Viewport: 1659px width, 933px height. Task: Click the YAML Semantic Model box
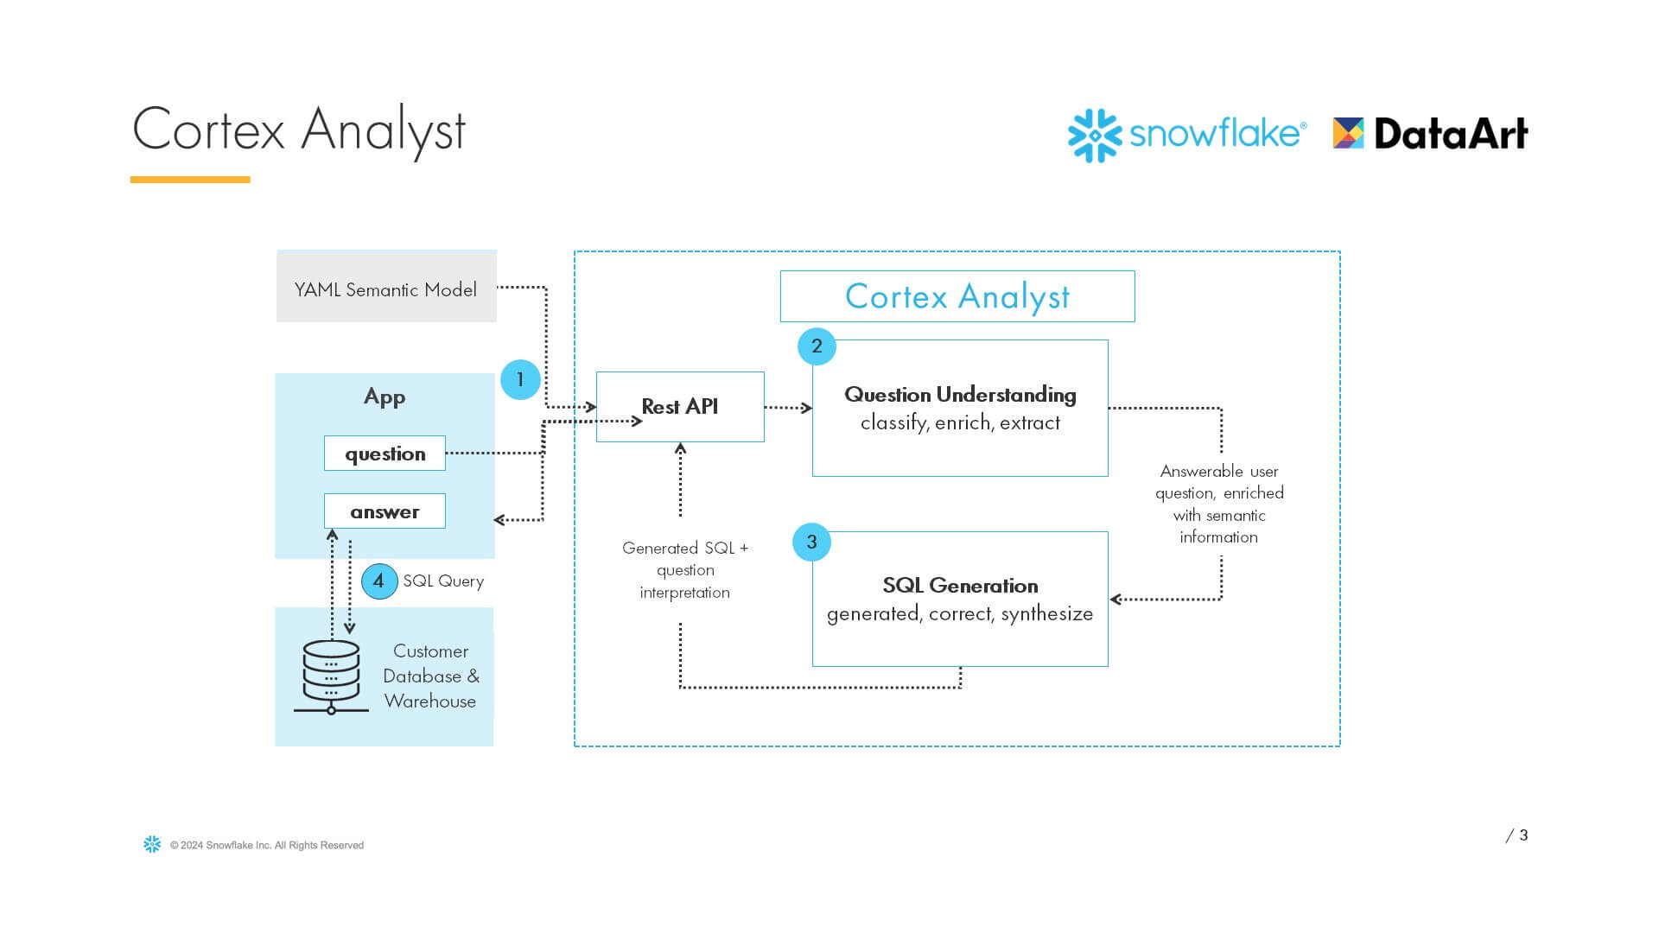coord(386,287)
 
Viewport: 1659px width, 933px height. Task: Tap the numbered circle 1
coord(520,380)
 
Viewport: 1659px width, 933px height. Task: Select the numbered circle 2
coord(817,346)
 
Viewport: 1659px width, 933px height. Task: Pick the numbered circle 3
coord(811,543)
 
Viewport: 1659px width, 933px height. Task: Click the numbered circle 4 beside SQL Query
coord(378,581)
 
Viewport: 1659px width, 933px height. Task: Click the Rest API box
coord(680,407)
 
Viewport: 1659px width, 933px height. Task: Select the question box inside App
coord(385,454)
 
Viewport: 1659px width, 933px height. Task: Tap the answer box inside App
coord(385,511)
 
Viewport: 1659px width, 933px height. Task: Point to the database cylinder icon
coord(331,674)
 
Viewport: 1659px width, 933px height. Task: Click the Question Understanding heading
coord(960,395)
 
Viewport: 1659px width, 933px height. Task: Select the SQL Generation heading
coord(960,586)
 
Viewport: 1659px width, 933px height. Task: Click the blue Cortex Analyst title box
coord(957,296)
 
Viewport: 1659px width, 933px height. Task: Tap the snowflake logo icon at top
coord(1095,136)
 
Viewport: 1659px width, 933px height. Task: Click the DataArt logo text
coord(1450,134)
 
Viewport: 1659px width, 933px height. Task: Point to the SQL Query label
coord(443,581)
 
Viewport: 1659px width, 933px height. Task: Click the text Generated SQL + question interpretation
coord(684,570)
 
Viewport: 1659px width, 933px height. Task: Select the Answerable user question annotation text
coord(1219,504)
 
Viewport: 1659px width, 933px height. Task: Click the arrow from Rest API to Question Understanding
coord(788,408)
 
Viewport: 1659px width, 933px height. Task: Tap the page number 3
coord(1523,835)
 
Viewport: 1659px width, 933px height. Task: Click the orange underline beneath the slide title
coord(190,180)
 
